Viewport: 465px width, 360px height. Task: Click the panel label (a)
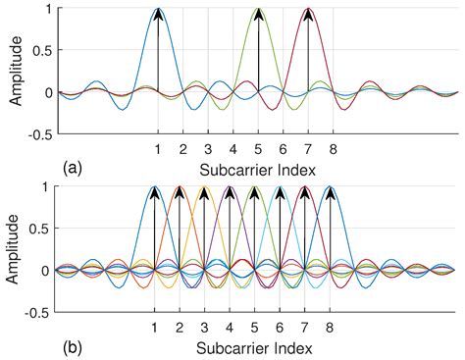pos(72,168)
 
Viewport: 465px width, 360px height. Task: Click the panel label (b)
pos(72,346)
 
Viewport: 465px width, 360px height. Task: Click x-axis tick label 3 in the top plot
pos(208,150)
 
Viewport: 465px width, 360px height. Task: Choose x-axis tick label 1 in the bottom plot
pos(154,328)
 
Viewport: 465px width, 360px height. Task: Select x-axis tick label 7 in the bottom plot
pos(305,328)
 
